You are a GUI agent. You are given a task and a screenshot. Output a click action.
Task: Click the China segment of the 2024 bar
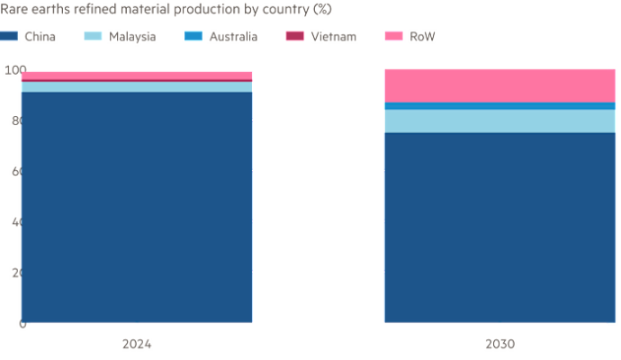pyautogui.click(x=136, y=206)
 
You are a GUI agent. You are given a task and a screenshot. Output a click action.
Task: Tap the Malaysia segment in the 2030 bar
pyautogui.click(x=499, y=121)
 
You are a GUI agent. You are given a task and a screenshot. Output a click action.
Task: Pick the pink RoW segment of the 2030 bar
pyautogui.click(x=499, y=85)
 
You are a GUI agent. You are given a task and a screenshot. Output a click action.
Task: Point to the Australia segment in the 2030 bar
pyautogui.click(x=499, y=106)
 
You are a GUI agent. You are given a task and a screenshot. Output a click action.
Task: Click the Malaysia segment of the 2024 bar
pyautogui.click(x=136, y=87)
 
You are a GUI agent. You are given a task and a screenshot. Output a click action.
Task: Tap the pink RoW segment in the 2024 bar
pyautogui.click(x=136, y=75)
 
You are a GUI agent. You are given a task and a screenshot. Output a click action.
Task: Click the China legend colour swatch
pyautogui.click(x=10, y=37)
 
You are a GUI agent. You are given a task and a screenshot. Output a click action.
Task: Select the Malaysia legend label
pyautogui.click(x=133, y=37)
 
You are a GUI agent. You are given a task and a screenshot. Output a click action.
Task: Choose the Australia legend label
pyautogui.click(x=232, y=37)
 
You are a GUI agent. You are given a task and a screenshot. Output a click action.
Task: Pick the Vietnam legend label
pyautogui.click(x=333, y=37)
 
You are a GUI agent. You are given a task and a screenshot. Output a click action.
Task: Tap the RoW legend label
pyautogui.click(x=421, y=37)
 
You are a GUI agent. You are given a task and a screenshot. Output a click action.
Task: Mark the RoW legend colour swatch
pyautogui.click(x=392, y=37)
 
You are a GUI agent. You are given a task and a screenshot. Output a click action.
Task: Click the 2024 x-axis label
pyautogui.click(x=136, y=344)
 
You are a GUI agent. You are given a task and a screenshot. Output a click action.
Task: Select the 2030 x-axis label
pyautogui.click(x=499, y=344)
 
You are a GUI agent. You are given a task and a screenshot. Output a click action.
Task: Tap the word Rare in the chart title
pyautogui.click(x=14, y=10)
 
